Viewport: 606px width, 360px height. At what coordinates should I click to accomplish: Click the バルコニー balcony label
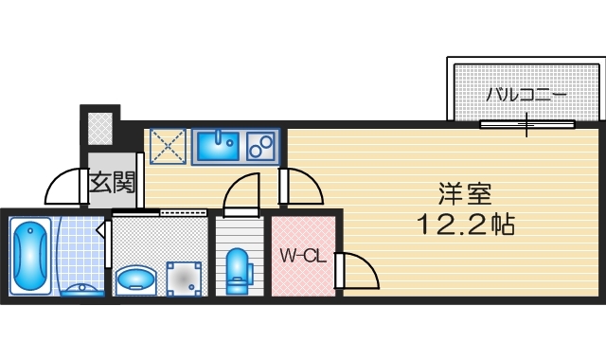click(x=526, y=95)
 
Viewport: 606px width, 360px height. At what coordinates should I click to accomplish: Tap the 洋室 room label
click(x=464, y=194)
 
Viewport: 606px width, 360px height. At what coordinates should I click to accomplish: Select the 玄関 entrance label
click(x=113, y=181)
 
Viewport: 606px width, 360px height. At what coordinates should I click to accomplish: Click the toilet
click(x=238, y=268)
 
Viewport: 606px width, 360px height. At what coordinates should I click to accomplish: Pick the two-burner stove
click(x=260, y=147)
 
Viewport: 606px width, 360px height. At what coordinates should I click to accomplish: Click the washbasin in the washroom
click(x=137, y=279)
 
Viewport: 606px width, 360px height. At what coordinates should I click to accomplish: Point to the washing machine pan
click(x=185, y=277)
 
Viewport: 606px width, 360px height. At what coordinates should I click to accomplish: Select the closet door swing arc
click(x=361, y=272)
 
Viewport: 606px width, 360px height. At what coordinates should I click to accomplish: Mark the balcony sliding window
click(x=526, y=125)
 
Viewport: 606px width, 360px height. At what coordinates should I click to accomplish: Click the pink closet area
click(x=303, y=275)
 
